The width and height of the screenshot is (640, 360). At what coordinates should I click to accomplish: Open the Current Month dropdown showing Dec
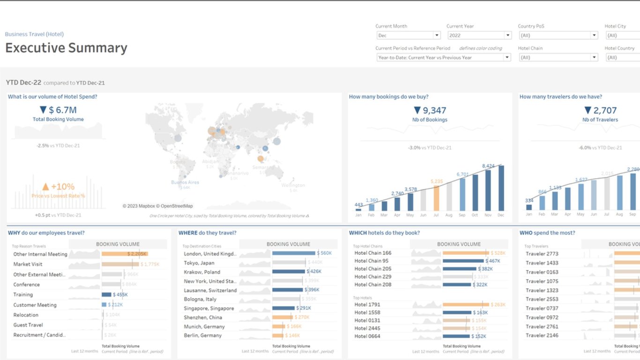tap(408, 36)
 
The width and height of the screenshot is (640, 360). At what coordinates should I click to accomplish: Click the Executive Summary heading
tap(66, 48)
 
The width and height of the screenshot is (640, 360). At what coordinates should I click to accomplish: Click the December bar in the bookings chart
tap(501, 188)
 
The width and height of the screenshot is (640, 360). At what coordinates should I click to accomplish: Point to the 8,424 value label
tap(488, 166)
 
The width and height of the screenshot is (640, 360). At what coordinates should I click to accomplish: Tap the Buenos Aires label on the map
tap(185, 182)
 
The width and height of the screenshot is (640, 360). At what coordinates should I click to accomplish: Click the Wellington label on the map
tap(293, 185)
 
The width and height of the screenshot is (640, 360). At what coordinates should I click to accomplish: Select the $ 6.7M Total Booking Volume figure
tap(58, 110)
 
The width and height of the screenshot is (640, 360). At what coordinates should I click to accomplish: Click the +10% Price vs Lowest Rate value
tap(58, 187)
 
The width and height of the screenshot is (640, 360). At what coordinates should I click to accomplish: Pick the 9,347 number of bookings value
tap(430, 111)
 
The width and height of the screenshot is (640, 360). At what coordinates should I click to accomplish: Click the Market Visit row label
tap(28, 264)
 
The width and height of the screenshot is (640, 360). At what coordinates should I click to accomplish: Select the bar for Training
tap(106, 295)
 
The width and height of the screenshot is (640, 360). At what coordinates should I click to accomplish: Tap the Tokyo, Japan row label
tap(199, 263)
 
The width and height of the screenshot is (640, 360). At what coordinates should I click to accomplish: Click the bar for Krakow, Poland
tap(288, 272)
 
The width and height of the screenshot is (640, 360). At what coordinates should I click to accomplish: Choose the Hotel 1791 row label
tap(367, 305)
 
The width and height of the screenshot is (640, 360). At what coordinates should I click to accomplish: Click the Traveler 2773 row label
tap(542, 254)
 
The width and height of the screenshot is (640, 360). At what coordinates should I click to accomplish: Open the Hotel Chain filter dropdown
tap(558, 58)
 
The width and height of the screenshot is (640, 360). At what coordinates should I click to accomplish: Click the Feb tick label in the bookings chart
tap(372, 215)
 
